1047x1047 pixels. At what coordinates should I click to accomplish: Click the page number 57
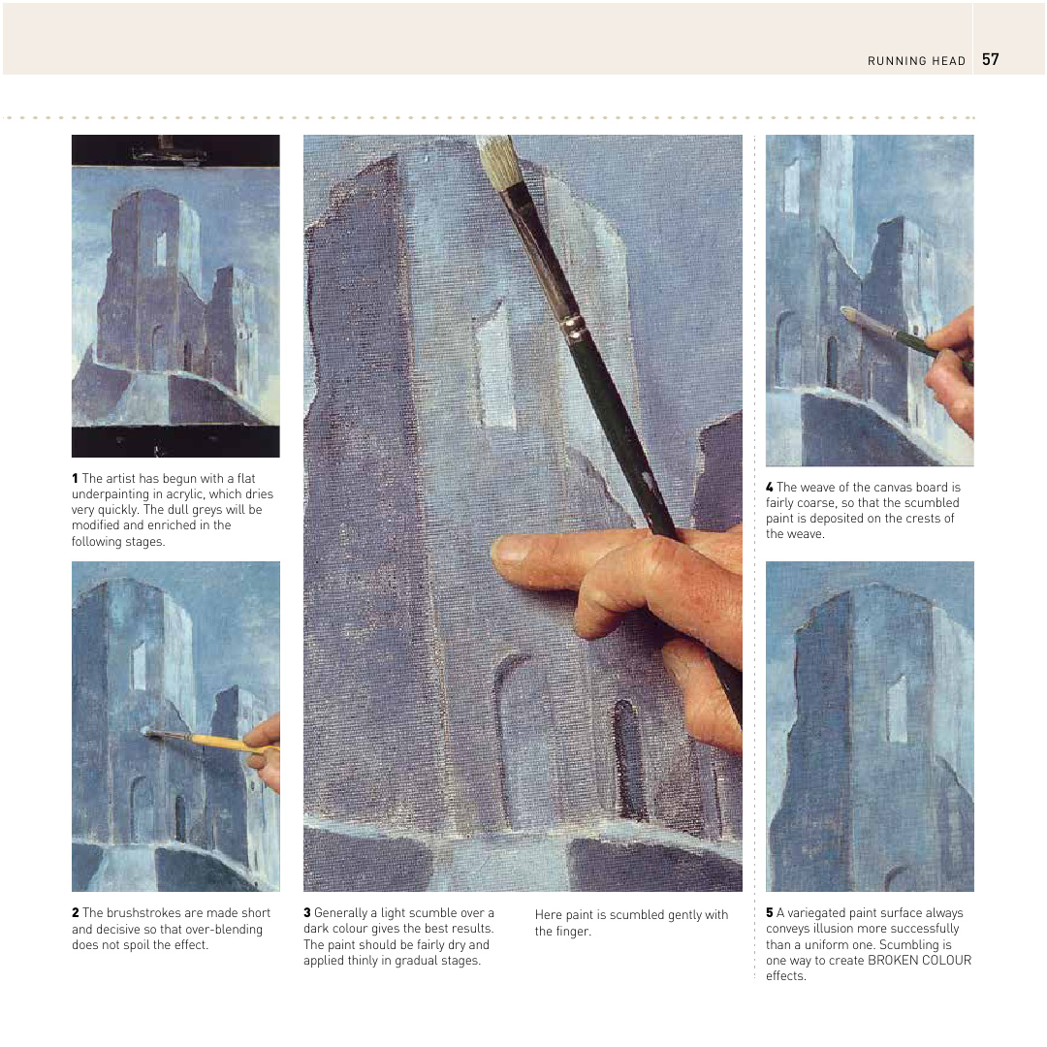pyautogui.click(x=990, y=59)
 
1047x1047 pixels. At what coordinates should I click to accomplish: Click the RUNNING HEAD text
pyautogui.click(x=916, y=61)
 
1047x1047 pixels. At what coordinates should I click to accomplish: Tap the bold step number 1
pyautogui.click(x=75, y=478)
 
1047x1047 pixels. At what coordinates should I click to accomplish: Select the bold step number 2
pyautogui.click(x=75, y=912)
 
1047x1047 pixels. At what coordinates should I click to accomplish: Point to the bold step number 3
pyautogui.click(x=307, y=912)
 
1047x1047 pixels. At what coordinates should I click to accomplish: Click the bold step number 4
pyautogui.click(x=770, y=487)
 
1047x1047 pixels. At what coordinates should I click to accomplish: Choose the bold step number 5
pyautogui.click(x=770, y=912)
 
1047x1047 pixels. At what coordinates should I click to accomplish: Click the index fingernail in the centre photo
pyautogui.click(x=510, y=550)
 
